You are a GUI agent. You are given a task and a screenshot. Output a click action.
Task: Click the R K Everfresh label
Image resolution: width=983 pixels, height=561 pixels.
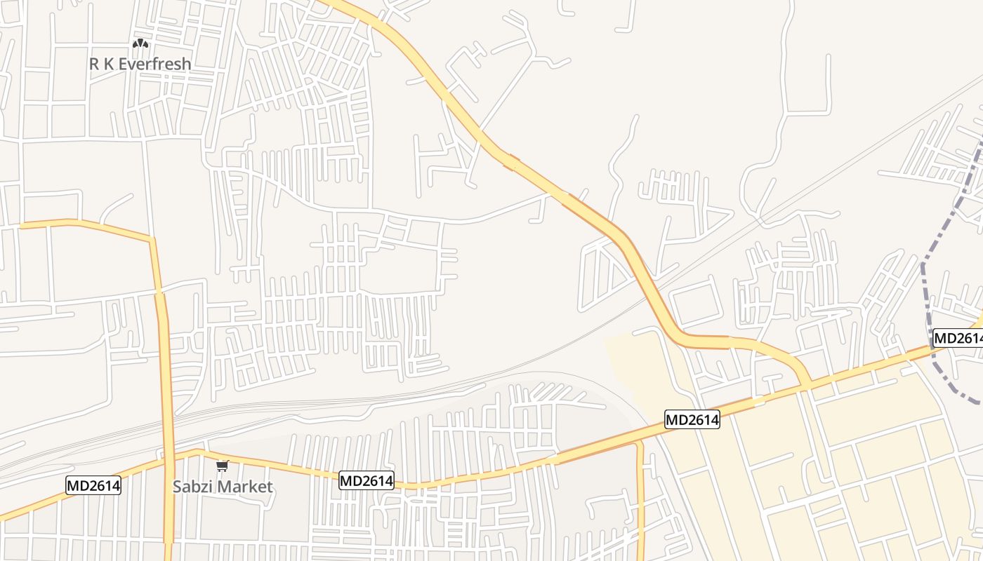140,64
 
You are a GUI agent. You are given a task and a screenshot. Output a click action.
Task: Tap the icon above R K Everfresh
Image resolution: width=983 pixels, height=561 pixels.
140,44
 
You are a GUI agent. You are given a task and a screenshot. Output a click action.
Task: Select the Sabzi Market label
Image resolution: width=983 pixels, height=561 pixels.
223,486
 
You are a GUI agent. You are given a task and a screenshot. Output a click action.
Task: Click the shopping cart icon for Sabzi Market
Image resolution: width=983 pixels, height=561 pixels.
223,466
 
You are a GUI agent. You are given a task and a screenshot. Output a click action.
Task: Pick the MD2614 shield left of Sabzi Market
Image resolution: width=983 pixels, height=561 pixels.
93,485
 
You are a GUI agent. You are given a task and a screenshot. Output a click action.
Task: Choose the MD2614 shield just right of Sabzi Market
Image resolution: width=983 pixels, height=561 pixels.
367,480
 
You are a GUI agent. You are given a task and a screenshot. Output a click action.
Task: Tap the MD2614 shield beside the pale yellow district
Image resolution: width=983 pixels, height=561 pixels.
692,420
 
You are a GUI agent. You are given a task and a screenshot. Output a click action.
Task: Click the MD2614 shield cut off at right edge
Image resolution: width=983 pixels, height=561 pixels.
958,338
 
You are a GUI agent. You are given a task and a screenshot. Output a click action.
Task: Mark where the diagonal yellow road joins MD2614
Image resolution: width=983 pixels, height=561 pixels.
809,384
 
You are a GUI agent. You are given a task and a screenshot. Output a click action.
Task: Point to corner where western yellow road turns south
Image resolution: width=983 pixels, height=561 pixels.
151,239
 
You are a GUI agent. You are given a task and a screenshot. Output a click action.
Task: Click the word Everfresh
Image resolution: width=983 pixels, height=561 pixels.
154,64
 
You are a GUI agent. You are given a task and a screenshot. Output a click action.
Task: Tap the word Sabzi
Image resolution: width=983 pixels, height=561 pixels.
193,486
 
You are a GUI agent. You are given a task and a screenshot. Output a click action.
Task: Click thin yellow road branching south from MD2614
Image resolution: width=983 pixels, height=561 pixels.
640,491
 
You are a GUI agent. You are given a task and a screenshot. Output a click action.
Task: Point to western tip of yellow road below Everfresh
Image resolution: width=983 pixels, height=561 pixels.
21,226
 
